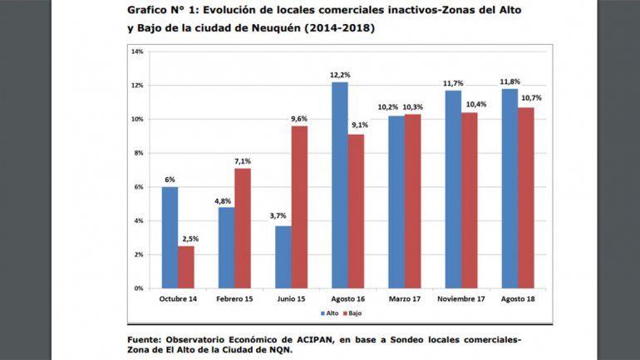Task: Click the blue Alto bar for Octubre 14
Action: (x=169, y=237)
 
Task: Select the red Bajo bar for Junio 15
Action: (x=299, y=207)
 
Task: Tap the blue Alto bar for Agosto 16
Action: (x=339, y=185)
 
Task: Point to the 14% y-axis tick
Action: (x=138, y=52)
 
